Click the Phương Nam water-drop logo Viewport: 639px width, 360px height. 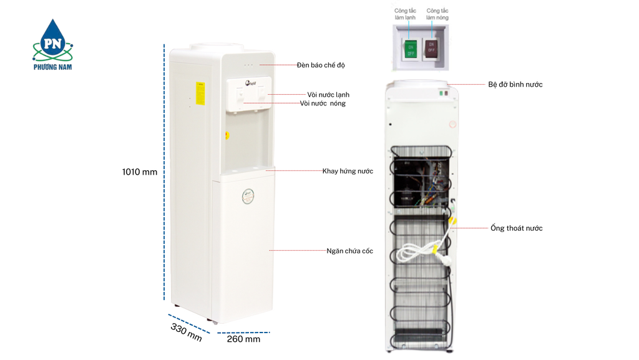[x=52, y=44]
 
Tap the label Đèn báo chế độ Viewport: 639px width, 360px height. [x=321, y=65]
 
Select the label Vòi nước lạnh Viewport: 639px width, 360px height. [x=328, y=95]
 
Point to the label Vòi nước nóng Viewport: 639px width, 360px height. [x=323, y=104]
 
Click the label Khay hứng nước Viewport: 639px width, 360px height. [x=348, y=171]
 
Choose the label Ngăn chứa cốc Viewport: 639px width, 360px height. [x=349, y=251]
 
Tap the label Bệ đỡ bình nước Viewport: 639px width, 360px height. [x=515, y=84]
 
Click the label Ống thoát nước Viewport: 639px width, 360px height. [x=516, y=228]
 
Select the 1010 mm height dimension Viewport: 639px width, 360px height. [x=139, y=172]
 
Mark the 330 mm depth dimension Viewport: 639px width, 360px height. [x=186, y=332]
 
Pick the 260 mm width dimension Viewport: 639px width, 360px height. [x=243, y=339]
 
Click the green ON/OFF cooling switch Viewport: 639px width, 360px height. [x=411, y=49]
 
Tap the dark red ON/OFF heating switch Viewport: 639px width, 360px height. [x=431, y=49]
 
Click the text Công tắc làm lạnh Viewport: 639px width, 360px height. [x=405, y=14]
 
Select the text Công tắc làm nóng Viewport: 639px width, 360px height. [x=437, y=14]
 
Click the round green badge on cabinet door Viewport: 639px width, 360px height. [x=248, y=197]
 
